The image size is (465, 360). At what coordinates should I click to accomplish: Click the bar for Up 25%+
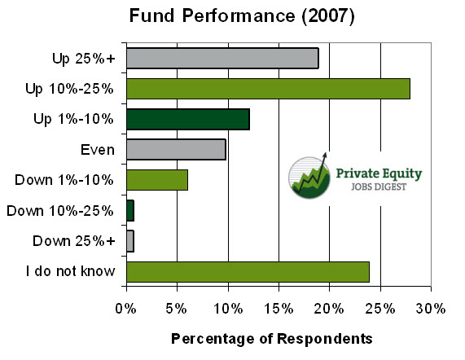click(x=222, y=58)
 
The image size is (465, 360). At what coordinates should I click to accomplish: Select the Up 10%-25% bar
click(x=269, y=89)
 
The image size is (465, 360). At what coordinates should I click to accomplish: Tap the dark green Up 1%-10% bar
click(x=188, y=119)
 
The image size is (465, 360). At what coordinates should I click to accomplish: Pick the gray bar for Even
click(x=176, y=149)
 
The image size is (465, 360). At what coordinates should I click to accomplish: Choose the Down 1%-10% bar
click(x=157, y=180)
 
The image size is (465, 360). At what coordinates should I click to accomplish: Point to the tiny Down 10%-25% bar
click(x=130, y=211)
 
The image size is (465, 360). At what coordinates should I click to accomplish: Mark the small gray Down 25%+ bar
click(x=130, y=241)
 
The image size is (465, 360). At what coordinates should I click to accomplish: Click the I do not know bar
click(x=248, y=272)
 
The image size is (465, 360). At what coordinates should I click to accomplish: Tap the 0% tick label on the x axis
click(x=125, y=309)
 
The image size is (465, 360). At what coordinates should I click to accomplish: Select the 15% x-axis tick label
click(x=279, y=309)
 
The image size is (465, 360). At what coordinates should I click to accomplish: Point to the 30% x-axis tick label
click(x=431, y=309)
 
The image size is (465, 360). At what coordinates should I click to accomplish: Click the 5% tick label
click(x=176, y=309)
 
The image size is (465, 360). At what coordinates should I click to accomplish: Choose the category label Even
click(x=98, y=150)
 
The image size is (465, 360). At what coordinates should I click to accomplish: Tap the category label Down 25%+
click(x=74, y=241)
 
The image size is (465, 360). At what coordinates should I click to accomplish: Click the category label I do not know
click(x=71, y=271)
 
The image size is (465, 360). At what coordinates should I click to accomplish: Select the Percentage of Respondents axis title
click(x=272, y=339)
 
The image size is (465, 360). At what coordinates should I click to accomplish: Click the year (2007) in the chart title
click(x=328, y=15)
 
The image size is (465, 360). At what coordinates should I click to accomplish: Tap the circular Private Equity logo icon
click(x=309, y=177)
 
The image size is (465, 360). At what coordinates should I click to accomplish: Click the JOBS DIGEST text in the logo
click(x=379, y=187)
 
